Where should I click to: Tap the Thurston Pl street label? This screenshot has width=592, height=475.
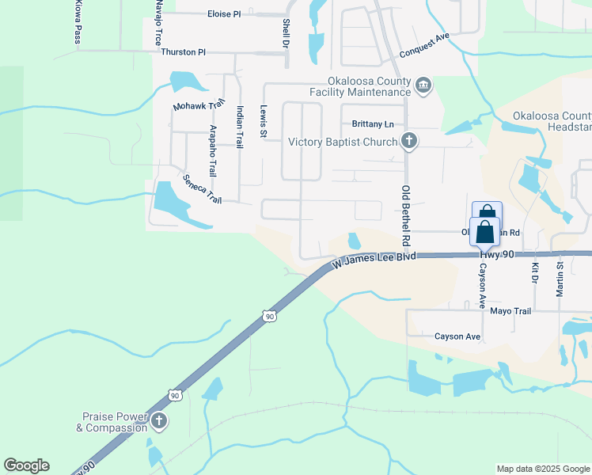pyautogui.click(x=183, y=52)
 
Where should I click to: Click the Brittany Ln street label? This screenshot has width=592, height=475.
pyautogui.click(x=372, y=124)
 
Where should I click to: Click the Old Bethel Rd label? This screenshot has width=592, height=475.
pyautogui.click(x=406, y=215)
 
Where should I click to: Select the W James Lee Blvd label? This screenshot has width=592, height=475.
pyautogui.click(x=374, y=259)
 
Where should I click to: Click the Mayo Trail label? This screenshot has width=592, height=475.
pyautogui.click(x=510, y=311)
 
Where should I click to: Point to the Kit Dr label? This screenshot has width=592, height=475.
pyautogui.click(x=535, y=274)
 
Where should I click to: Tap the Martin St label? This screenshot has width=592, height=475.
pyautogui.click(x=560, y=279)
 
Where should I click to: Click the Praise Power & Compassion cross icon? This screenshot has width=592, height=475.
pyautogui.click(x=158, y=421)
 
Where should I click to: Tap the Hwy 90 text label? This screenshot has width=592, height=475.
pyautogui.click(x=497, y=253)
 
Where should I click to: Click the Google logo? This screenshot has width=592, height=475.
pyautogui.click(x=26, y=465)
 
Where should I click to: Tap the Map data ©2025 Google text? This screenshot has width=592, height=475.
pyautogui.click(x=542, y=469)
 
